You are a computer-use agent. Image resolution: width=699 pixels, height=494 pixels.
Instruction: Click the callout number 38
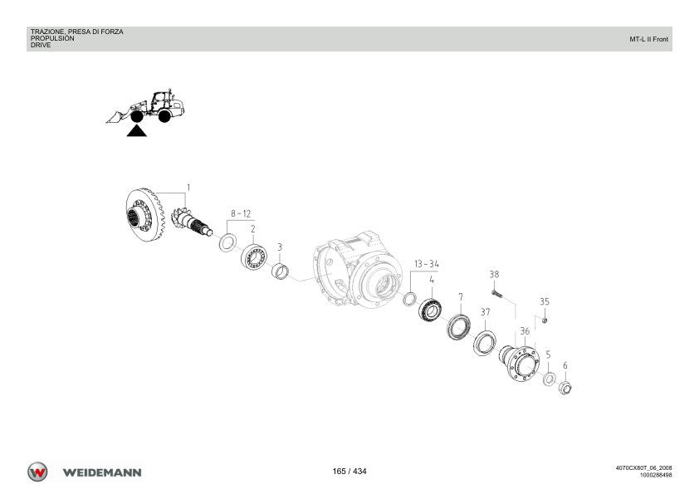[494, 274]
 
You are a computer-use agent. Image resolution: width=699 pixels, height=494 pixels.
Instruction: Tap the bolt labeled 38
[497, 293]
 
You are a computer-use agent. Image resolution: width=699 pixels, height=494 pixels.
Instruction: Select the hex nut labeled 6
[565, 388]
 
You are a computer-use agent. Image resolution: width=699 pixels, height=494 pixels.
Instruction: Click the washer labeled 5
[549, 379]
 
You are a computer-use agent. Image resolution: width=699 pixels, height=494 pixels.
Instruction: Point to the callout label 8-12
[241, 213]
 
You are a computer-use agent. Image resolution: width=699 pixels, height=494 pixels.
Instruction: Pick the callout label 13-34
[427, 264]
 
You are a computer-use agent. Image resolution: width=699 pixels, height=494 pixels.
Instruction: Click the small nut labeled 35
[545, 320]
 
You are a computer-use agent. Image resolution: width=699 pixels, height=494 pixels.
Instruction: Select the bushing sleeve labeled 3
[280, 271]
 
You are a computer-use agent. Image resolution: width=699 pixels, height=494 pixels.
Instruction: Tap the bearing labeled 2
[254, 257]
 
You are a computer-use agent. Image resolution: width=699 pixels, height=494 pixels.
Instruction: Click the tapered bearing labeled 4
[430, 309]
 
